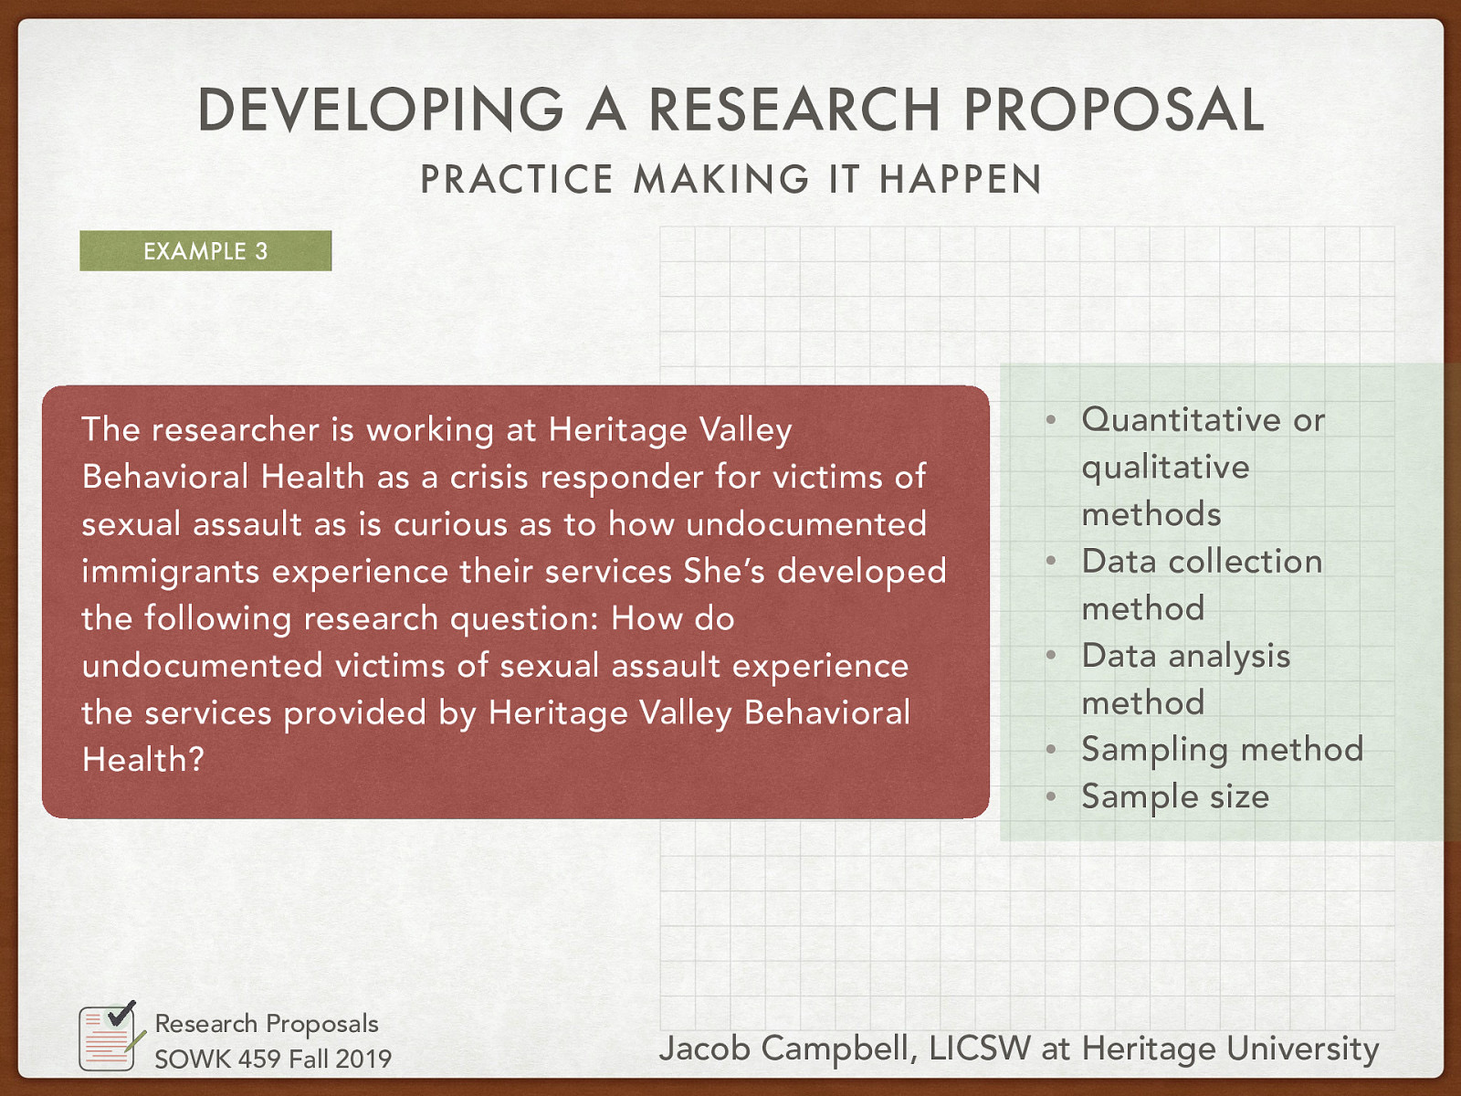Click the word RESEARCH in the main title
794,111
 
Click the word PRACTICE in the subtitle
516,179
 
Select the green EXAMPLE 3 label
205,251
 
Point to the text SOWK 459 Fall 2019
272,1059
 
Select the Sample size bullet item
1175,796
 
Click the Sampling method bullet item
1222,750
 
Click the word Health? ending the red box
143,760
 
